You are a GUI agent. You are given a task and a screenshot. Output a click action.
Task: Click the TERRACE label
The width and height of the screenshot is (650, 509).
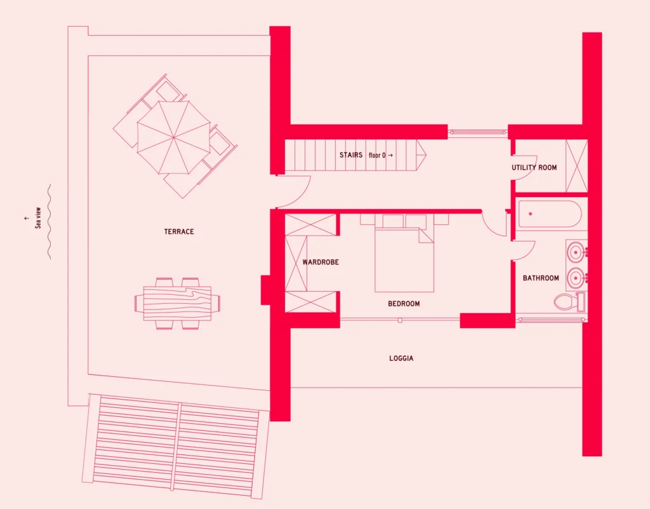click(178, 231)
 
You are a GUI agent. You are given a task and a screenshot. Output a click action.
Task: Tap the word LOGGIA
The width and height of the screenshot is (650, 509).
click(401, 358)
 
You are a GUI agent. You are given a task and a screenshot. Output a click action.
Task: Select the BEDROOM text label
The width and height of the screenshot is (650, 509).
click(404, 304)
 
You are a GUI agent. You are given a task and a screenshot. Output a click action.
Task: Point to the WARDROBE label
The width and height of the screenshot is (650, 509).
click(321, 262)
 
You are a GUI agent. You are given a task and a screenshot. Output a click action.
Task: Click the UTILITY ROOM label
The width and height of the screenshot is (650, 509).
click(534, 168)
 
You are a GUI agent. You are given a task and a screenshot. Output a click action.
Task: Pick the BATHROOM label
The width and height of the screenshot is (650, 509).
click(541, 278)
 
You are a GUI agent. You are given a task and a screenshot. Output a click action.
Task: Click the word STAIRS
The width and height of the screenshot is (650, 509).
click(350, 155)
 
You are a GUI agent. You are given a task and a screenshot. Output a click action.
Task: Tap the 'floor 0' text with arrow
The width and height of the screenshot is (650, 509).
click(381, 155)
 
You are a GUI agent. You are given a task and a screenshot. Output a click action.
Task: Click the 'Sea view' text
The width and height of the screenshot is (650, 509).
click(37, 218)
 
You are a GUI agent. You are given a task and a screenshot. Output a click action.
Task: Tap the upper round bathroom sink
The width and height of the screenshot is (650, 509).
click(575, 251)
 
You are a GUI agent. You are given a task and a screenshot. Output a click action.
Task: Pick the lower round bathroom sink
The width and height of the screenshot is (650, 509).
click(575, 277)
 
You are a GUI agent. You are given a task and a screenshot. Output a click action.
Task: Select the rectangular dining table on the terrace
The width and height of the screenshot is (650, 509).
click(178, 303)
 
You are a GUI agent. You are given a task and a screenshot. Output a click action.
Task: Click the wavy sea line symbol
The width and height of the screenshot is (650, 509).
click(49, 222)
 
